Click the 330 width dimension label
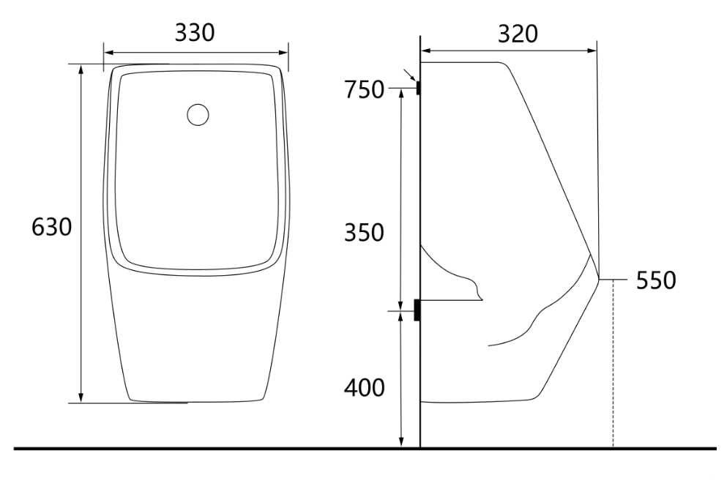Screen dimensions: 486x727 click(195, 33)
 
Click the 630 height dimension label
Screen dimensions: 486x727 click(51, 228)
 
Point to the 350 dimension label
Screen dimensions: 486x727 click(365, 233)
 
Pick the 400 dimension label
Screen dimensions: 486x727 click(364, 387)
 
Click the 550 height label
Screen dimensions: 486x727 click(655, 280)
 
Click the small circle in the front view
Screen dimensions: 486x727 click(198, 115)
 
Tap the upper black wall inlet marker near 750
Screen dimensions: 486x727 click(418, 88)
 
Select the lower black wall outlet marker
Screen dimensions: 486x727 click(417, 310)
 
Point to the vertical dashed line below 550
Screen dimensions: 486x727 click(613, 366)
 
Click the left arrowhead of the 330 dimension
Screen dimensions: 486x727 click(108, 53)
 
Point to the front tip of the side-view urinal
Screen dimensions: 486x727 click(599, 278)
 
